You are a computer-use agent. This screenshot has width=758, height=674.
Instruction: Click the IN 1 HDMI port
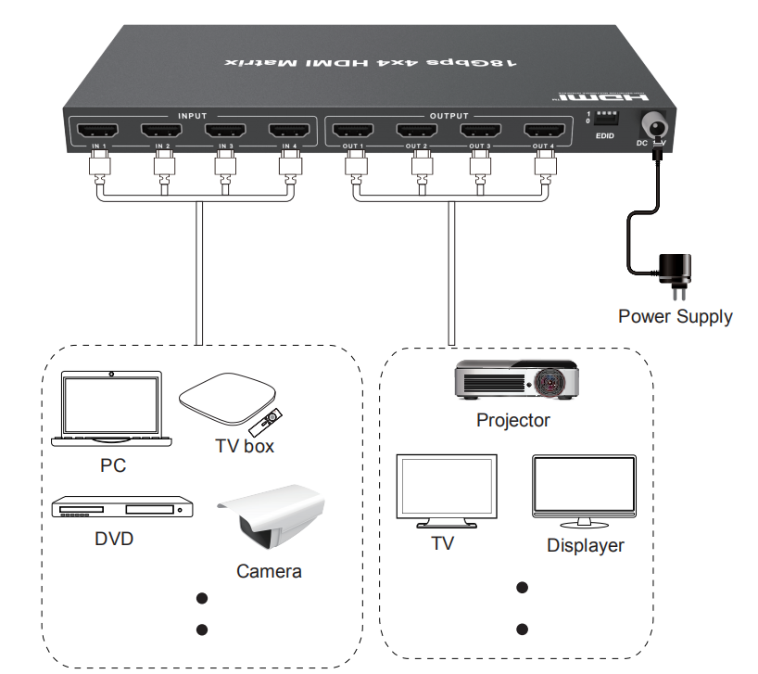click(98, 131)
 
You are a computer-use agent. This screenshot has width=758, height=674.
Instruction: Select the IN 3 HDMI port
click(226, 131)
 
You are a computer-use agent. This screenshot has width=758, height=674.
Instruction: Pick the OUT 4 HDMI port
click(544, 131)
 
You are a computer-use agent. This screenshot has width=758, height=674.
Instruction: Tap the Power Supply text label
click(675, 317)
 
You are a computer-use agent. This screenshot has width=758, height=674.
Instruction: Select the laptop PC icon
click(109, 409)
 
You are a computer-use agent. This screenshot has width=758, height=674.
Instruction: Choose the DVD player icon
click(122, 508)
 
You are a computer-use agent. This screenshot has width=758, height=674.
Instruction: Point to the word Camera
click(269, 571)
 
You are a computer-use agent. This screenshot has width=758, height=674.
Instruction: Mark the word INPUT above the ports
click(192, 116)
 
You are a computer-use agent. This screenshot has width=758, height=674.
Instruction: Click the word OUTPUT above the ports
click(449, 116)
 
